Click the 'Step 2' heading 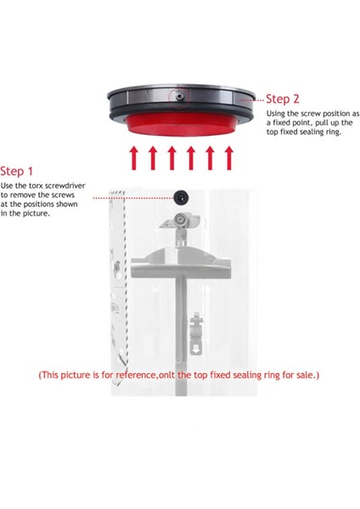tap(283, 98)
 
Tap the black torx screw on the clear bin tap(181, 197)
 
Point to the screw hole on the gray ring tap(181, 98)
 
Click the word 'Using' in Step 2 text tap(277, 113)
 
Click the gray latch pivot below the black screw tap(181, 222)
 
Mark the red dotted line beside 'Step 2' tap(250, 100)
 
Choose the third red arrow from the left tap(172, 159)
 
